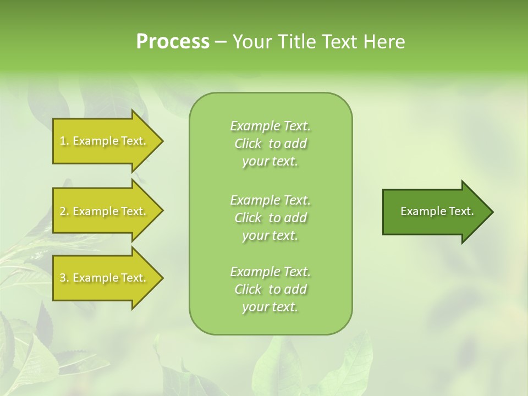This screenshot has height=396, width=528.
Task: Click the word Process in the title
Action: point(173,42)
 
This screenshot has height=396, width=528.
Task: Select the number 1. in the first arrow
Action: point(64,141)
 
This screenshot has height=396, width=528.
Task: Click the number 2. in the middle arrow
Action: point(64,211)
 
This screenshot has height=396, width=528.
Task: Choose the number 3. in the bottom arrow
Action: point(64,278)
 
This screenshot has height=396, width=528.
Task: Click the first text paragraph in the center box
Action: point(270,144)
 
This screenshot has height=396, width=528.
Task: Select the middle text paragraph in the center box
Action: point(270,218)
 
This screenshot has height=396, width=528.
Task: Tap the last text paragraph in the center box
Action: point(270,289)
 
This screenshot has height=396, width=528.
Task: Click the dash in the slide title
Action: point(221,42)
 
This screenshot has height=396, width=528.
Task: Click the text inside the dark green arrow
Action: point(437,211)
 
